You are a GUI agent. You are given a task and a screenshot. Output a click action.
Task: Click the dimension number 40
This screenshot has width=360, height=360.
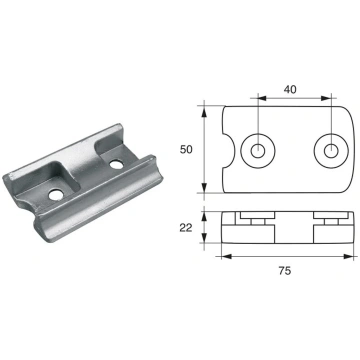point(290,89)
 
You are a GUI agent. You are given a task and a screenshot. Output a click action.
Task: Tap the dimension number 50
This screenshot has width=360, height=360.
point(186,150)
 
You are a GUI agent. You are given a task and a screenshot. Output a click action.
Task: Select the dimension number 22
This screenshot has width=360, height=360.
point(186,228)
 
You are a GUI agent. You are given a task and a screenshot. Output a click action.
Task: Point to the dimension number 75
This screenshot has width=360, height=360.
point(285,271)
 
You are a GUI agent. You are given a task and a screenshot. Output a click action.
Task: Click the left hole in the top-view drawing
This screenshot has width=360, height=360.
point(258,151)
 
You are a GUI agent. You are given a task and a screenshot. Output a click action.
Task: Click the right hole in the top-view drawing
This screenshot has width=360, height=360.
point(331,151)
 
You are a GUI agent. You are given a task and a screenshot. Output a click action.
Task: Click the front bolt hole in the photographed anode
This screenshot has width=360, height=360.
point(56,195)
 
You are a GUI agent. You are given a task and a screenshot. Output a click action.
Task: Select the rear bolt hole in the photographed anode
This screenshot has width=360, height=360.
point(116,164)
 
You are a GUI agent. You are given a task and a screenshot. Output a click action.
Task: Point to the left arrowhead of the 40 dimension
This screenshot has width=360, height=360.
point(262,98)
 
